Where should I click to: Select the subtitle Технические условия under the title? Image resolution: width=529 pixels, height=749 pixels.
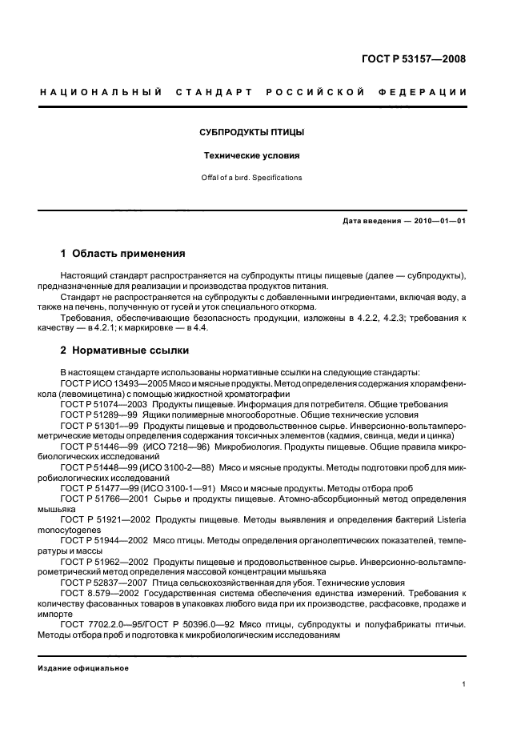point(250,156)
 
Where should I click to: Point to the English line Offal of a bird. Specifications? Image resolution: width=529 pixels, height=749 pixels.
point(250,178)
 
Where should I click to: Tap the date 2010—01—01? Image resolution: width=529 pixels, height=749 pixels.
point(438,221)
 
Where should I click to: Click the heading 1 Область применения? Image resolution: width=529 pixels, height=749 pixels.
point(123,254)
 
